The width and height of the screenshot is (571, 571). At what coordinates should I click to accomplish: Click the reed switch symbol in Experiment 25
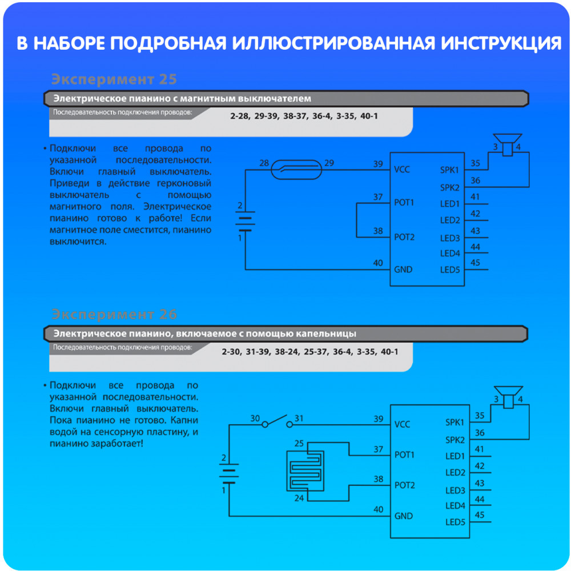coord(296,170)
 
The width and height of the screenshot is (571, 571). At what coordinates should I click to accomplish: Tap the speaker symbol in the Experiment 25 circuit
coord(508,144)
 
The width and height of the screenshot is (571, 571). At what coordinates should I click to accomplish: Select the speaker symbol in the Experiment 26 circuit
coord(508,397)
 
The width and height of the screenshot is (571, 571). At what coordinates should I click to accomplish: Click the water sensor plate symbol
coord(305,471)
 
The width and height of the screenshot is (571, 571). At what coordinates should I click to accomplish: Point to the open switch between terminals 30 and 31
coord(277,421)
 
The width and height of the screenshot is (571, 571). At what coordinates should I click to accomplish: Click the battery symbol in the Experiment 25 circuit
coord(245,221)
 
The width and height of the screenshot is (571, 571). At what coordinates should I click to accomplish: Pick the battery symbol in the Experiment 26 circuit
coord(229,473)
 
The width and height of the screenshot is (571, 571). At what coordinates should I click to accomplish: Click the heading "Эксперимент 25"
coord(114,79)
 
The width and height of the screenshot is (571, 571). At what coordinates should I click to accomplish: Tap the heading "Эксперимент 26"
coord(114,314)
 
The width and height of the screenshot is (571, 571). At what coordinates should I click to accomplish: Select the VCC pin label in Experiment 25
coord(401,170)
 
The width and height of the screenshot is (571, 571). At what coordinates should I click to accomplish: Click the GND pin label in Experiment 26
coord(404,516)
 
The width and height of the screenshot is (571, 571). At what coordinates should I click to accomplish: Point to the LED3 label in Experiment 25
coord(450,238)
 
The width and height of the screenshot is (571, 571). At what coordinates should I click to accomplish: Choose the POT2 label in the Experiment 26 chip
coord(405,485)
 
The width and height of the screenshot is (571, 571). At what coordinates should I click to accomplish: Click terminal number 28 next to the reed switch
coord(264,163)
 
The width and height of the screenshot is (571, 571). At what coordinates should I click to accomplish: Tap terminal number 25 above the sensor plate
coord(299,443)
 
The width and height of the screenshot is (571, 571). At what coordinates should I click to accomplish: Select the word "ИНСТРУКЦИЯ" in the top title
coord(501,43)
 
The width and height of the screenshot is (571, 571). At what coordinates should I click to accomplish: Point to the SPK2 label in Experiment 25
coord(450,187)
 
